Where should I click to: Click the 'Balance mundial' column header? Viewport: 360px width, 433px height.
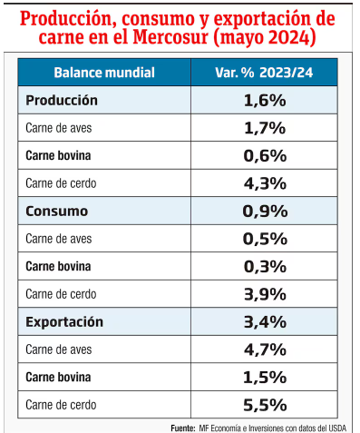click(104, 72)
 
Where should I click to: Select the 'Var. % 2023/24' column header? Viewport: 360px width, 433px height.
click(264, 72)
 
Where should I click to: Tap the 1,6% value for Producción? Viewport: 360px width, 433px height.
click(265, 100)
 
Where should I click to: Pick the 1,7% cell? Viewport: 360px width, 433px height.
click(265, 127)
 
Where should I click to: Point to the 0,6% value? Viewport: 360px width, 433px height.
click(265, 155)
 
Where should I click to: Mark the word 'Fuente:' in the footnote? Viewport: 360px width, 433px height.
click(183, 427)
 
